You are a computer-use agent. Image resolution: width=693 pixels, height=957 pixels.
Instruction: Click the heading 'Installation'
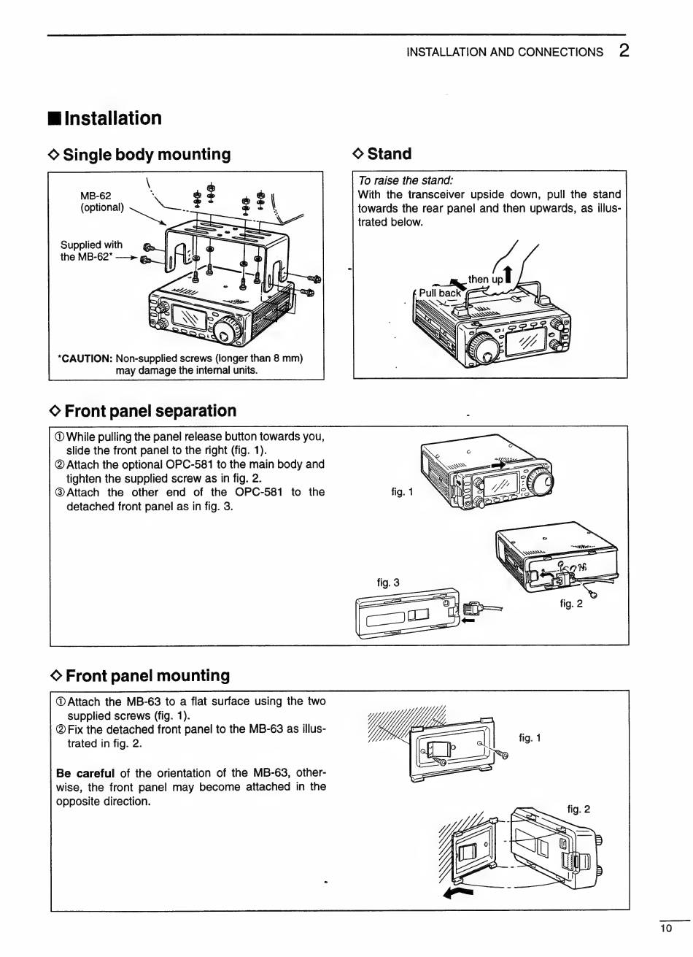pyautogui.click(x=113, y=118)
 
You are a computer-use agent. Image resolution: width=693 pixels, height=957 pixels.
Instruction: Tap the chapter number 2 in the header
pyautogui.click(x=624, y=50)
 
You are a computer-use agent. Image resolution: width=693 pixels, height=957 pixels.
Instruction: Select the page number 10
pyautogui.click(x=665, y=929)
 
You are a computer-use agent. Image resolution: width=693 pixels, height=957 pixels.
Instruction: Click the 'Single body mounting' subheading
pyautogui.click(x=147, y=154)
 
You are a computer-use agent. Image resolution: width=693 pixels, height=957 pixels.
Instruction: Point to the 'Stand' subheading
pyautogui.click(x=390, y=154)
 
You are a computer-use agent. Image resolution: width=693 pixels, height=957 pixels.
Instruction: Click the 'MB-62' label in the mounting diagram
pyautogui.click(x=96, y=195)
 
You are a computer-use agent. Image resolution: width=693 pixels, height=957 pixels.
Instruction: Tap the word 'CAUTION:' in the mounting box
pyautogui.click(x=85, y=358)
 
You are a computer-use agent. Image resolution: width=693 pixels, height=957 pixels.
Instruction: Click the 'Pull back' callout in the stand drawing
pyautogui.click(x=440, y=293)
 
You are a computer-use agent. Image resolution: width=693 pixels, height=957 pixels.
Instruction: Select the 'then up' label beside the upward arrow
pyautogui.click(x=485, y=279)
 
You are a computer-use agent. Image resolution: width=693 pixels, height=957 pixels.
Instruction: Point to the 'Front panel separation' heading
pyautogui.click(x=150, y=411)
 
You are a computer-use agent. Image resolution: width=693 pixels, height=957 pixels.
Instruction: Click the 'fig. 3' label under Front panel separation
pyautogui.click(x=388, y=582)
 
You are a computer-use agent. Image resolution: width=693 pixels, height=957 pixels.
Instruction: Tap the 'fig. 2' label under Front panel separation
pyautogui.click(x=571, y=603)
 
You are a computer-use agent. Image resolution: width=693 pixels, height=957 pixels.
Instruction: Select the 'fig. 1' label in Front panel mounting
pyautogui.click(x=530, y=737)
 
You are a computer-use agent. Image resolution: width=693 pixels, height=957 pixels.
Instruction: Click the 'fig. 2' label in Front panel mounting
pyautogui.click(x=578, y=809)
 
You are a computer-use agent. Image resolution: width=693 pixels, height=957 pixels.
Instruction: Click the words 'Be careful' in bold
pyautogui.click(x=85, y=772)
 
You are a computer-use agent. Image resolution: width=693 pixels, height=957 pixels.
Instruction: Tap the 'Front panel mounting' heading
pyautogui.click(x=147, y=675)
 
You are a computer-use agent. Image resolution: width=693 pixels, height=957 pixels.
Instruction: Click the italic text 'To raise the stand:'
pyautogui.click(x=405, y=180)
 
